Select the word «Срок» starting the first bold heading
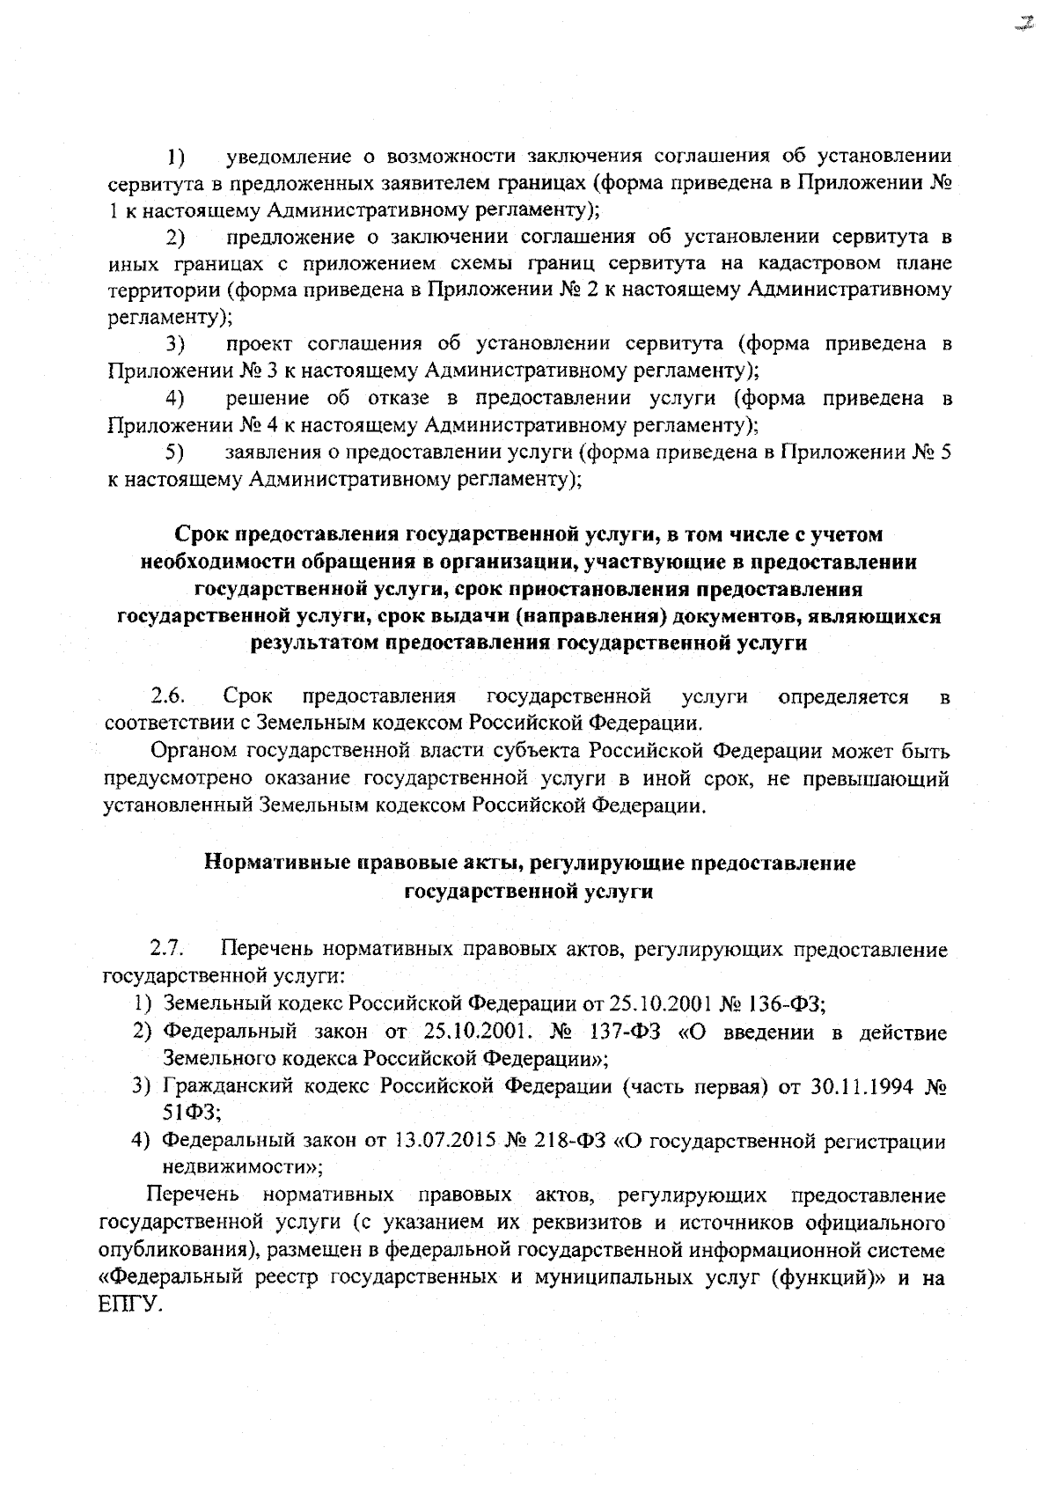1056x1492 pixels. click(201, 534)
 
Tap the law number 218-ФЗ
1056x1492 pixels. click(565, 1143)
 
